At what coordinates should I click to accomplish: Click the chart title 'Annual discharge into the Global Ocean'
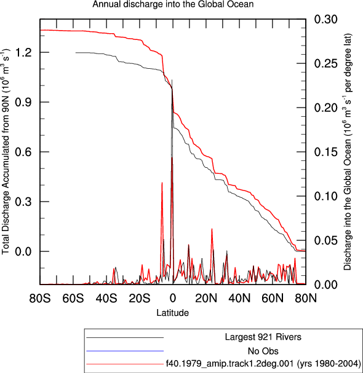173,4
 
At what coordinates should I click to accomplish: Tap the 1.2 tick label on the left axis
23,52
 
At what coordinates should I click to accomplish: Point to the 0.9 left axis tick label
23,102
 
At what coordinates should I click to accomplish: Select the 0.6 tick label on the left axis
23,152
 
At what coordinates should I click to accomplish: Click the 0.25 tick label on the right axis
326,63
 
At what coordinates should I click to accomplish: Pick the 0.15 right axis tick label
326,152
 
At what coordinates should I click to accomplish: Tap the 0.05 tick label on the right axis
326,240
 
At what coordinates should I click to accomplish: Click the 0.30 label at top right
326,19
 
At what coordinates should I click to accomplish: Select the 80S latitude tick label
40,298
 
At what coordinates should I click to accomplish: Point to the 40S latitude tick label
106,298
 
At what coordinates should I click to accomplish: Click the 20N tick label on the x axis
206,298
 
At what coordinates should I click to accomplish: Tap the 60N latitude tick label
273,298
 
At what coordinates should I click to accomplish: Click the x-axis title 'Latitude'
173,313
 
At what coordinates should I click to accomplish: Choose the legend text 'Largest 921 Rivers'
263,337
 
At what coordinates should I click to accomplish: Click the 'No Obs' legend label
263,351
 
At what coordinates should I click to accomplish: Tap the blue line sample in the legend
125,351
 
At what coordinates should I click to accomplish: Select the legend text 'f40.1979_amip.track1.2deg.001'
230,364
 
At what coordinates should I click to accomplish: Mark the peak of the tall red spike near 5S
162,183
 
